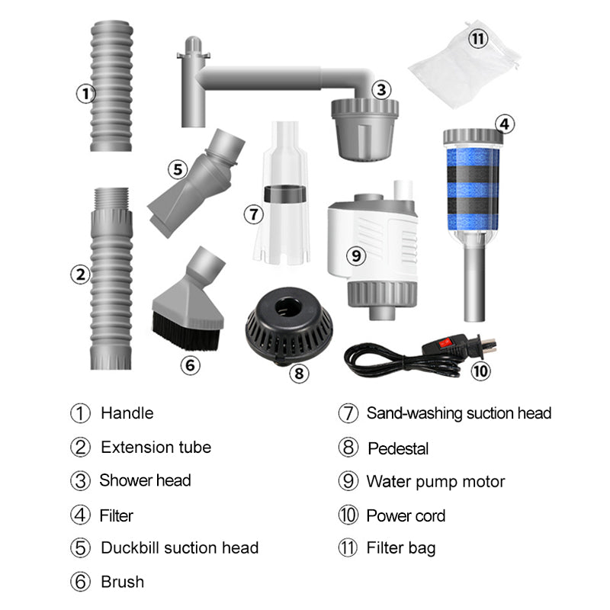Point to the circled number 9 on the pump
[x=355, y=256]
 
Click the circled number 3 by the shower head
[x=381, y=90]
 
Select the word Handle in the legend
[x=127, y=413]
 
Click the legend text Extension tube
[x=156, y=447]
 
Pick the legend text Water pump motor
[x=435, y=482]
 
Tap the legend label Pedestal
[x=398, y=448]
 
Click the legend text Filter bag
[x=401, y=548]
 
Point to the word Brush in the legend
[x=122, y=582]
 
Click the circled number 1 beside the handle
[x=84, y=94]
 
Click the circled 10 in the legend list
[x=348, y=515]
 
